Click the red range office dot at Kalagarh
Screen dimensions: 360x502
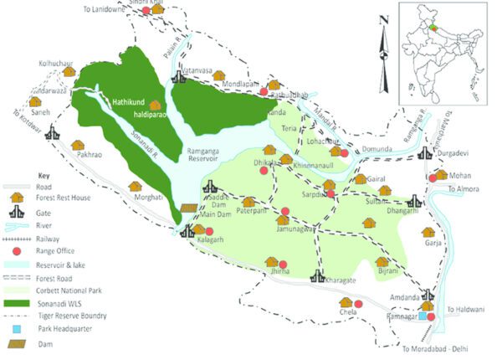(209, 231)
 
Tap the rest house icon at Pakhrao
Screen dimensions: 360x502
(78, 147)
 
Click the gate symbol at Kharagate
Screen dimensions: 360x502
(317, 275)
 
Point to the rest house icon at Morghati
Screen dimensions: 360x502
(135, 187)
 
